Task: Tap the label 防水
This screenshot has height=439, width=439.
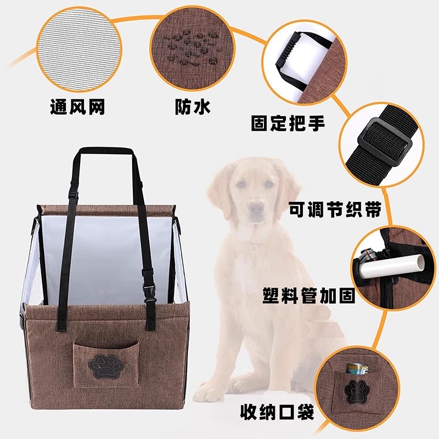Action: coord(193,105)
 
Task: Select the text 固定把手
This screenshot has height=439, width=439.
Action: coord(288,122)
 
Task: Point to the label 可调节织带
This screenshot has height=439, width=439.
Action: coord(335,210)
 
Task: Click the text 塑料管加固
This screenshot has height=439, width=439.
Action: coord(308,297)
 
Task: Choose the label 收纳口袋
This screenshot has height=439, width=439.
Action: coord(277,412)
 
